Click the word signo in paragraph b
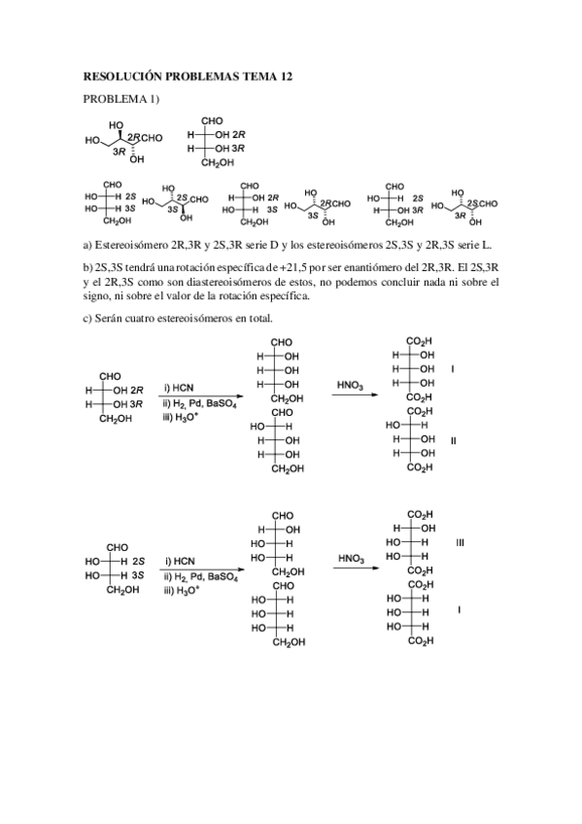point(97,296)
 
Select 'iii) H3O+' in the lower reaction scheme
point(183,590)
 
